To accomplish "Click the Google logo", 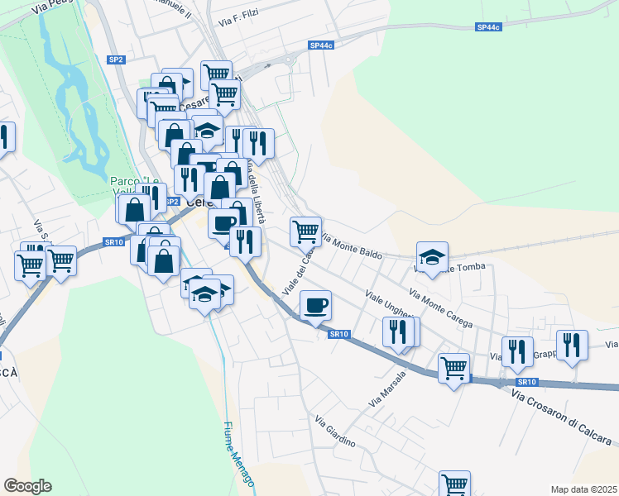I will tap(27, 486).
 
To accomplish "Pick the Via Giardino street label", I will tap(334, 432).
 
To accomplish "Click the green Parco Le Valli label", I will tap(134, 185).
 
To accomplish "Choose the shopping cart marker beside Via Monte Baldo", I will tap(306, 231).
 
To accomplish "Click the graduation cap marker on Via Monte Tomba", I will tap(432, 257).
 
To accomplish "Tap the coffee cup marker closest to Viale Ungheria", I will tap(315, 305).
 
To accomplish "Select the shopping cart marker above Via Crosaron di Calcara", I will tap(453, 367).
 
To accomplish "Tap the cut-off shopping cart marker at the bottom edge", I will tap(454, 484).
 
